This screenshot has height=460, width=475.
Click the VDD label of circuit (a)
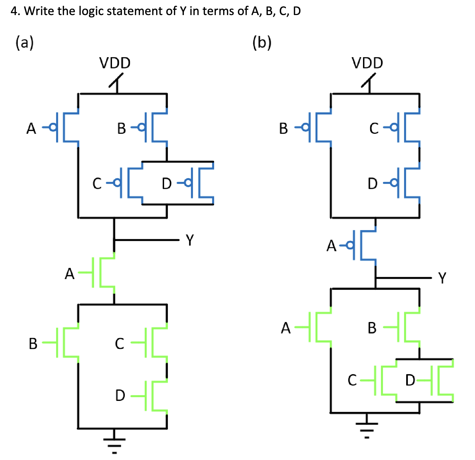click(115, 63)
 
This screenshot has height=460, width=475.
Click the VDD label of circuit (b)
click(367, 63)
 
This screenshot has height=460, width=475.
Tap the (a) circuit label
click(25, 43)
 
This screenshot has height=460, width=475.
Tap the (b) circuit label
click(262, 43)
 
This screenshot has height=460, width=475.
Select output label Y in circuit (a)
click(190, 240)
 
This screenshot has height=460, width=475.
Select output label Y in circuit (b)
click(442, 278)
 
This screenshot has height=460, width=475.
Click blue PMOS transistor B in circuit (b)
click(319, 127)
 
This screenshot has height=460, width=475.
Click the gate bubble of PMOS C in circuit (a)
click(118, 183)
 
